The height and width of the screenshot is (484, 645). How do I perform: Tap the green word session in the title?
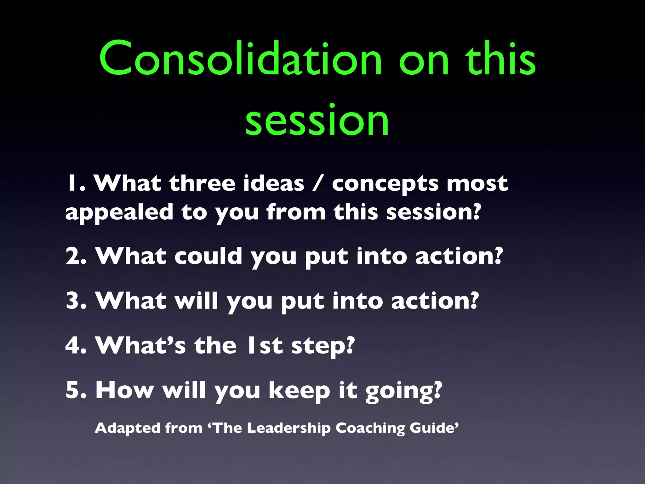(x=317, y=121)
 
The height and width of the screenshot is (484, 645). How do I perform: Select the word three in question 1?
(x=202, y=184)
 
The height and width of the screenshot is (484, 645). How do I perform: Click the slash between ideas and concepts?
(x=318, y=184)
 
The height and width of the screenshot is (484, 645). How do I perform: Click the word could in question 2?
(x=208, y=256)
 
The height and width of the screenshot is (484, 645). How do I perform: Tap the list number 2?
(x=76, y=256)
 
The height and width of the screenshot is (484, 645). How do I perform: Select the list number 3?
(x=76, y=301)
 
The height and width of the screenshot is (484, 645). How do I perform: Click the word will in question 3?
(x=197, y=301)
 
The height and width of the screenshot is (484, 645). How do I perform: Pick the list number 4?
(x=76, y=346)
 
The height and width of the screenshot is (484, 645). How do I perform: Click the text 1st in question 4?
(x=265, y=346)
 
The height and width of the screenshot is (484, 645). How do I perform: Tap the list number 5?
(x=76, y=390)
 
